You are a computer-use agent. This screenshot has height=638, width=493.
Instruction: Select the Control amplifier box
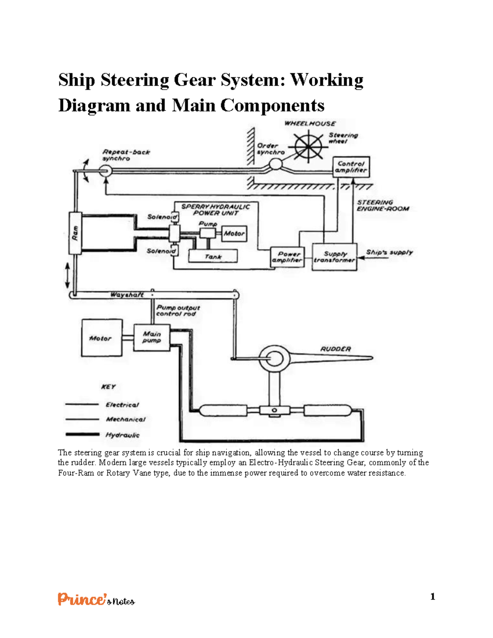pyautogui.click(x=351, y=167)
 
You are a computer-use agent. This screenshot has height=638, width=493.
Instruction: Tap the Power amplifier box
pyautogui.click(x=287, y=257)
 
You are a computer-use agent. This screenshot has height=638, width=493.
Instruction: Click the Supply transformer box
pyautogui.click(x=334, y=257)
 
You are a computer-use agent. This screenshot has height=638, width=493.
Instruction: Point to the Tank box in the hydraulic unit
pyautogui.click(x=213, y=256)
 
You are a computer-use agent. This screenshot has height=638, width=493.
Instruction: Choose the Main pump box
pyautogui.click(x=152, y=337)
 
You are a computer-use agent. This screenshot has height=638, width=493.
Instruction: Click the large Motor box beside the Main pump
pyautogui.click(x=101, y=338)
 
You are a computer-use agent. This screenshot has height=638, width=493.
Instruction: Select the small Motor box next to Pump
pyautogui.click(x=234, y=233)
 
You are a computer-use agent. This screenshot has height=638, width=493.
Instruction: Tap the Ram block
pyautogui.click(x=75, y=233)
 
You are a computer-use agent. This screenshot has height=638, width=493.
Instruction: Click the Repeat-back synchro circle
pyautogui.click(x=105, y=170)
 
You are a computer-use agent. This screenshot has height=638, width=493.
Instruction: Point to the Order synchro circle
pyautogui.click(x=275, y=165)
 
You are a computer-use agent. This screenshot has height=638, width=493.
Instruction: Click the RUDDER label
pyautogui.click(x=336, y=349)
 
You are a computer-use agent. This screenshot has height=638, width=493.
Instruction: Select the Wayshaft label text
pyautogui.click(x=127, y=295)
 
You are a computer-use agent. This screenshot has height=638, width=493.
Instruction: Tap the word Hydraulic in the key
pyautogui.click(x=122, y=435)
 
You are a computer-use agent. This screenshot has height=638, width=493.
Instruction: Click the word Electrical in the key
pyautogui.click(x=122, y=405)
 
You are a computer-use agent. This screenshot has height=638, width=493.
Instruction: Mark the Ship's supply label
pyautogui.click(x=389, y=252)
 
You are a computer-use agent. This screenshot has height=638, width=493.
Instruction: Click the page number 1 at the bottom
pyautogui.click(x=433, y=597)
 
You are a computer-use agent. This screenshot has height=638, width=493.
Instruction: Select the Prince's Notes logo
pyautogui.click(x=96, y=599)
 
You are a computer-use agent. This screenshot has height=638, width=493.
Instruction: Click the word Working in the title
pyautogui.click(x=327, y=80)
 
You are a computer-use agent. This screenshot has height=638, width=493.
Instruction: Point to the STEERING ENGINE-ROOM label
pyautogui.click(x=382, y=205)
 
